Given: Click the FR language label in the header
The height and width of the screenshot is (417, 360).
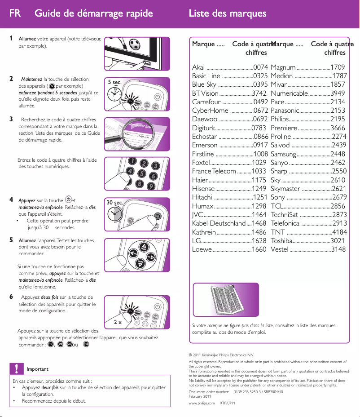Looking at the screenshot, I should pos(15,13).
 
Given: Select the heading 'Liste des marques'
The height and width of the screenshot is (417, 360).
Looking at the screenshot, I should pos(228,13).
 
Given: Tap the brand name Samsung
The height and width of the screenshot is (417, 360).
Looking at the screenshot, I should pos(284,154).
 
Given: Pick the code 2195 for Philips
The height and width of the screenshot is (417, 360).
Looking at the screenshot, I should pos(338,119).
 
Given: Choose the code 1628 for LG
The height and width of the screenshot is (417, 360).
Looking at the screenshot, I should pos(259,241).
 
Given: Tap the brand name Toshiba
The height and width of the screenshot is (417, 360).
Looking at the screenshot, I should pos(282,241).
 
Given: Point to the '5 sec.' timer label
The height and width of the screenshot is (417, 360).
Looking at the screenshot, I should pos(115,83).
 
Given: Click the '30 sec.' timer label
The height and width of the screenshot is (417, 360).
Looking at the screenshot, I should pos(115,203).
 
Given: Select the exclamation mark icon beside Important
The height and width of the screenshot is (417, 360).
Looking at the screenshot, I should pos(17,368).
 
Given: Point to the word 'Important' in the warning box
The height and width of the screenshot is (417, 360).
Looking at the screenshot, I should pos(38,369).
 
